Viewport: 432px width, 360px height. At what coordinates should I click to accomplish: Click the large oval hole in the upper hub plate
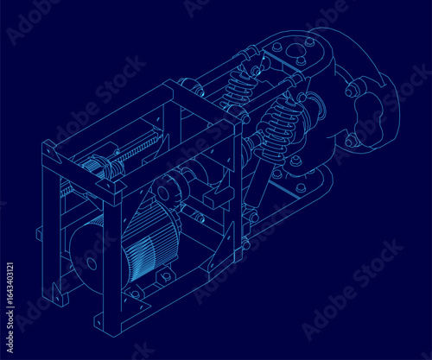(x=294, y=51)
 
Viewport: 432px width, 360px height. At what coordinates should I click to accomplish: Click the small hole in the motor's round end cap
(x=92, y=263)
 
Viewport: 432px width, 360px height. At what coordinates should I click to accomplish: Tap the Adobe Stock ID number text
(x=10, y=307)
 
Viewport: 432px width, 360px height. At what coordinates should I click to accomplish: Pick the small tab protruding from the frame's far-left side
(x=39, y=234)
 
